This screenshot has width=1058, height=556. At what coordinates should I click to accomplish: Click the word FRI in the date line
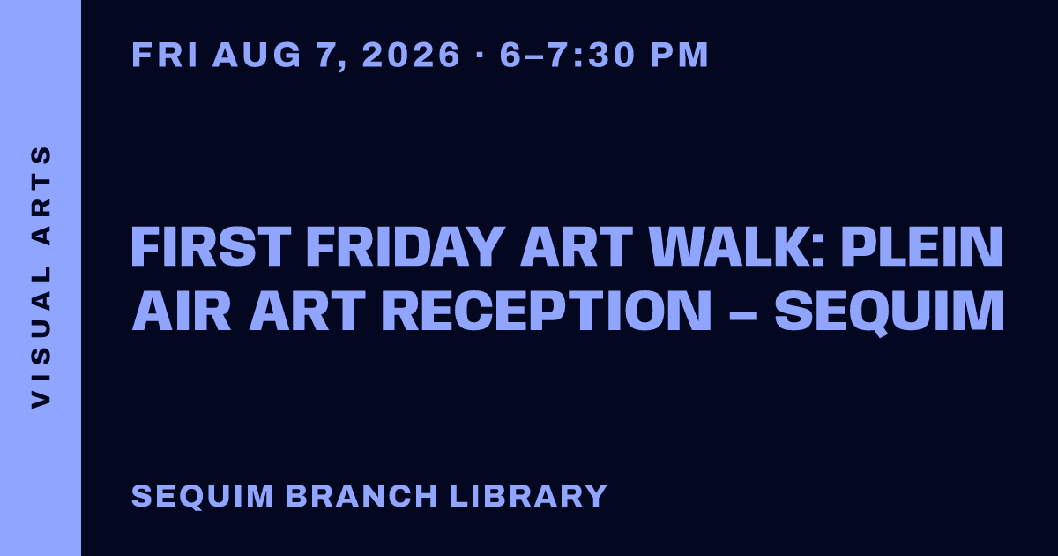164,55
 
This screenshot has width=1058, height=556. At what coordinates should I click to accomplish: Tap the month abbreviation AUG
257,55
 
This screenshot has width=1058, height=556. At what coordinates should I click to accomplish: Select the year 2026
411,55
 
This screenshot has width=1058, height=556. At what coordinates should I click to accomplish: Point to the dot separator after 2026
480,55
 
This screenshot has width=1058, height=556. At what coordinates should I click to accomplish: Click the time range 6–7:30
567,55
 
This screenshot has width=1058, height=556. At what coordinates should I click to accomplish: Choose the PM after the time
679,55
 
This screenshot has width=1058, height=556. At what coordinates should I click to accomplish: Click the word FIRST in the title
211,246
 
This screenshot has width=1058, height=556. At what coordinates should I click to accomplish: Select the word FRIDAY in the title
406,246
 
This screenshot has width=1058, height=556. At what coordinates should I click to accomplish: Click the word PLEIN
922,246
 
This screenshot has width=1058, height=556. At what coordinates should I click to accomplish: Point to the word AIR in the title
182,311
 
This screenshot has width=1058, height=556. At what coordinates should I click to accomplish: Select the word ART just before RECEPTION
307,311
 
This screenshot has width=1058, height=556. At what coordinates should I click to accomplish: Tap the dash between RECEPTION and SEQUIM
743,313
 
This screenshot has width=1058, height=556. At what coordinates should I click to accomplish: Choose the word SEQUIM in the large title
890,312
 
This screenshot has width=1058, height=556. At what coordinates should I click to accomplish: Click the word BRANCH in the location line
361,495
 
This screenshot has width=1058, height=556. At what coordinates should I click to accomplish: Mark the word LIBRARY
528,495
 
